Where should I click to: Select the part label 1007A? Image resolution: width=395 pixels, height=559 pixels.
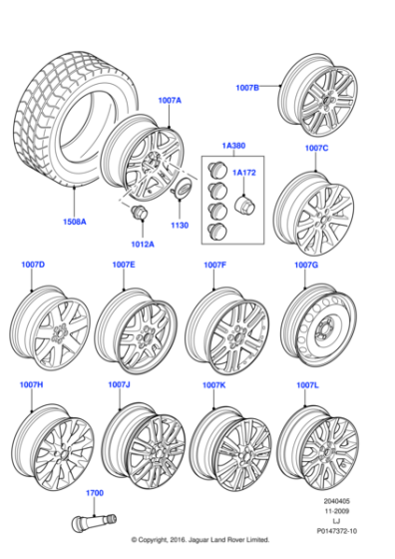point(169,101)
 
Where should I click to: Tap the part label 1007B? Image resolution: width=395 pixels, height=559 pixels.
point(246,88)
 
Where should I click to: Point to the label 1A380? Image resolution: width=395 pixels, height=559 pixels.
point(233,146)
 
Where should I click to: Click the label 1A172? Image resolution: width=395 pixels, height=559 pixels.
point(243,173)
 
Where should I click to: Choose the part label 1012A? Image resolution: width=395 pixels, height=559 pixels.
point(143,244)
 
